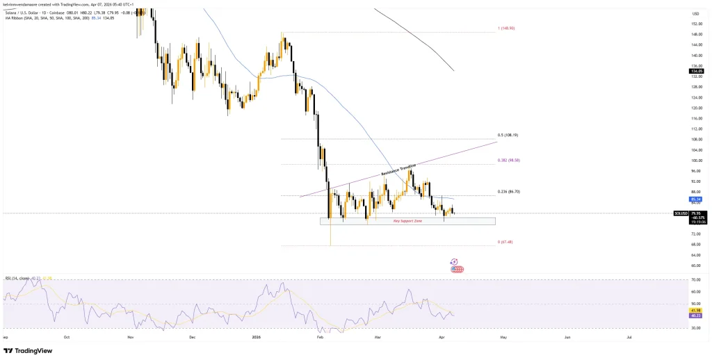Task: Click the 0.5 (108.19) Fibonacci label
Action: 508,135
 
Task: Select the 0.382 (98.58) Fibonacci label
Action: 510,161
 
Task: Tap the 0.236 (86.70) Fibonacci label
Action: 510,191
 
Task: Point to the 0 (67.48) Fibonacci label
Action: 505,242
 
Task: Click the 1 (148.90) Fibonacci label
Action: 505,28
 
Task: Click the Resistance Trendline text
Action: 398,169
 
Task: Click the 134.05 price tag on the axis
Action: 695,71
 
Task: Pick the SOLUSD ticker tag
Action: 681,213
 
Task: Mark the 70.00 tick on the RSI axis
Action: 695,280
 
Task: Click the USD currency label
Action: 695,14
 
